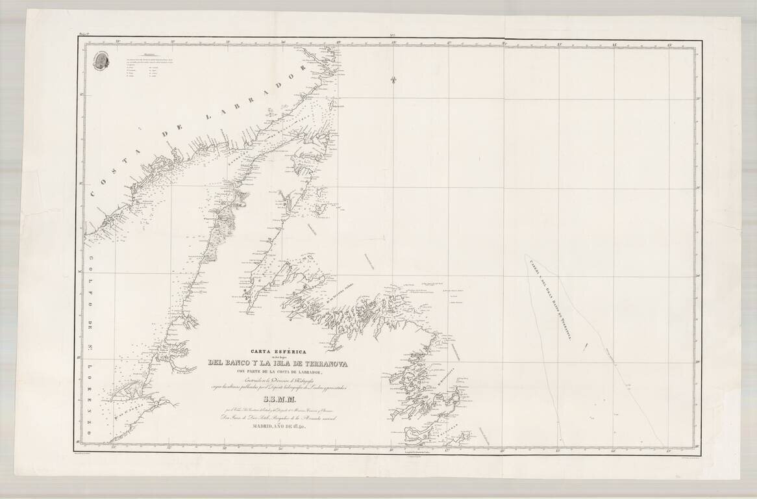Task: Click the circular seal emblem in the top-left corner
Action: click(x=101, y=60)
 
